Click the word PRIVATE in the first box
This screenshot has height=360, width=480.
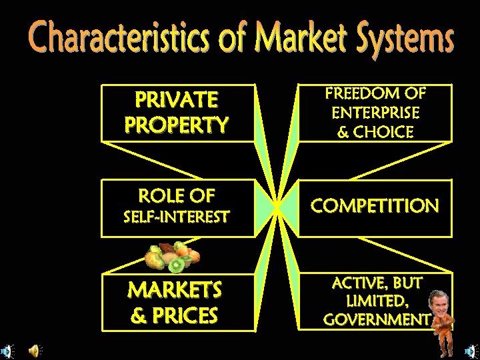[x=177, y=100]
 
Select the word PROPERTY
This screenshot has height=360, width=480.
[x=177, y=124]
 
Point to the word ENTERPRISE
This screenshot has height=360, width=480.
[x=375, y=113]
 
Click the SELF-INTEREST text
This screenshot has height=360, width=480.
[x=177, y=217]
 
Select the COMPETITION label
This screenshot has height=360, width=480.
[x=375, y=206]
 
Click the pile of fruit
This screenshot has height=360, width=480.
[x=172, y=256]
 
